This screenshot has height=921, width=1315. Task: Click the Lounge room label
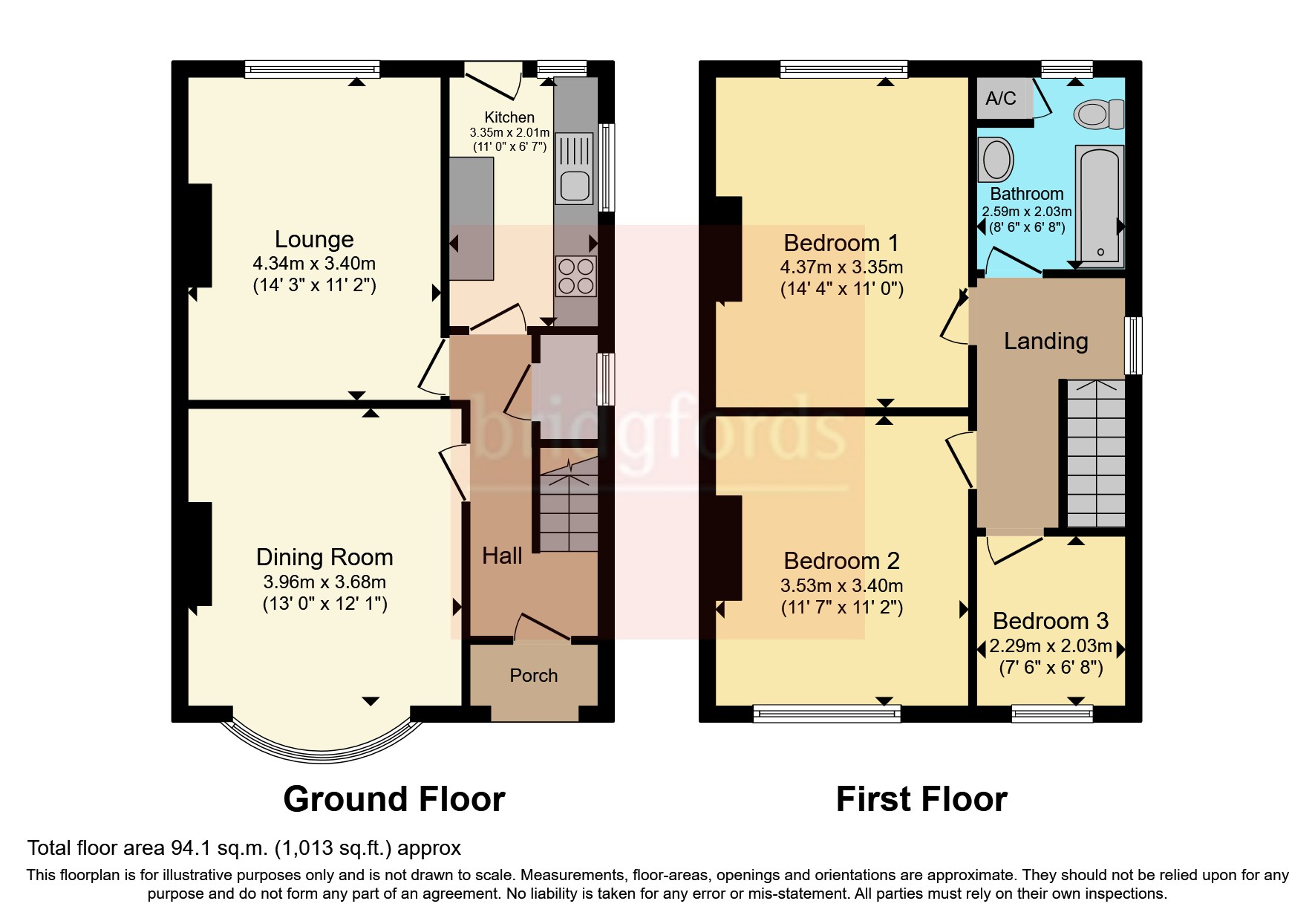click(x=314, y=239)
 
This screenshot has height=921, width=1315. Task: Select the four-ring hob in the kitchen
click(x=575, y=276)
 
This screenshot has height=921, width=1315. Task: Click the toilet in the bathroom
click(x=1097, y=114)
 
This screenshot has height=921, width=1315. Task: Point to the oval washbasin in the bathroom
click(x=996, y=159)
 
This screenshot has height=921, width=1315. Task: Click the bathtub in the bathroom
click(x=1098, y=204)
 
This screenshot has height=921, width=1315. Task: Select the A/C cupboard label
click(x=1001, y=98)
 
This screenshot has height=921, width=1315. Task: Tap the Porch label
click(x=533, y=675)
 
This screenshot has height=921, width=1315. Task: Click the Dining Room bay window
click(x=321, y=743)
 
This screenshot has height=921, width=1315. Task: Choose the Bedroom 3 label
click(x=1050, y=620)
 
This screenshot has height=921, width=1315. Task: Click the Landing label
click(x=1045, y=341)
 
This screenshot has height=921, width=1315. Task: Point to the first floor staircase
click(x=1096, y=453)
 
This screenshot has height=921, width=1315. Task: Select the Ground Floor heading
click(x=394, y=799)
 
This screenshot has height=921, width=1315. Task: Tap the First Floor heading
click(x=921, y=799)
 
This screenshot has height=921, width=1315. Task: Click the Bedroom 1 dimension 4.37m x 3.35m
click(x=841, y=267)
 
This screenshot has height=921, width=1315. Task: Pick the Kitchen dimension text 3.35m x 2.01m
click(x=509, y=133)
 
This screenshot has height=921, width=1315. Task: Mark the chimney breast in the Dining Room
click(x=199, y=553)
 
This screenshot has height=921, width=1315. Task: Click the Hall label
click(x=502, y=556)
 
